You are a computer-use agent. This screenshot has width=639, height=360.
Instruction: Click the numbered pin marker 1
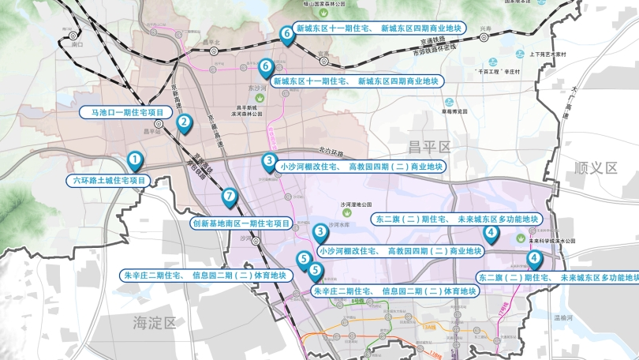click(x=136, y=161)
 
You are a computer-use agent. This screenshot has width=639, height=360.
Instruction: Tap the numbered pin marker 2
click(x=184, y=122)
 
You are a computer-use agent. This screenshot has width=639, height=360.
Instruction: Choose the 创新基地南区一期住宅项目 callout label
click(x=241, y=223)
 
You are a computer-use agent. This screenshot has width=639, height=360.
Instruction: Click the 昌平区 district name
click(x=428, y=146)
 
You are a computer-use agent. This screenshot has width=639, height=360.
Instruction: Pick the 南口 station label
click(x=77, y=45)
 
